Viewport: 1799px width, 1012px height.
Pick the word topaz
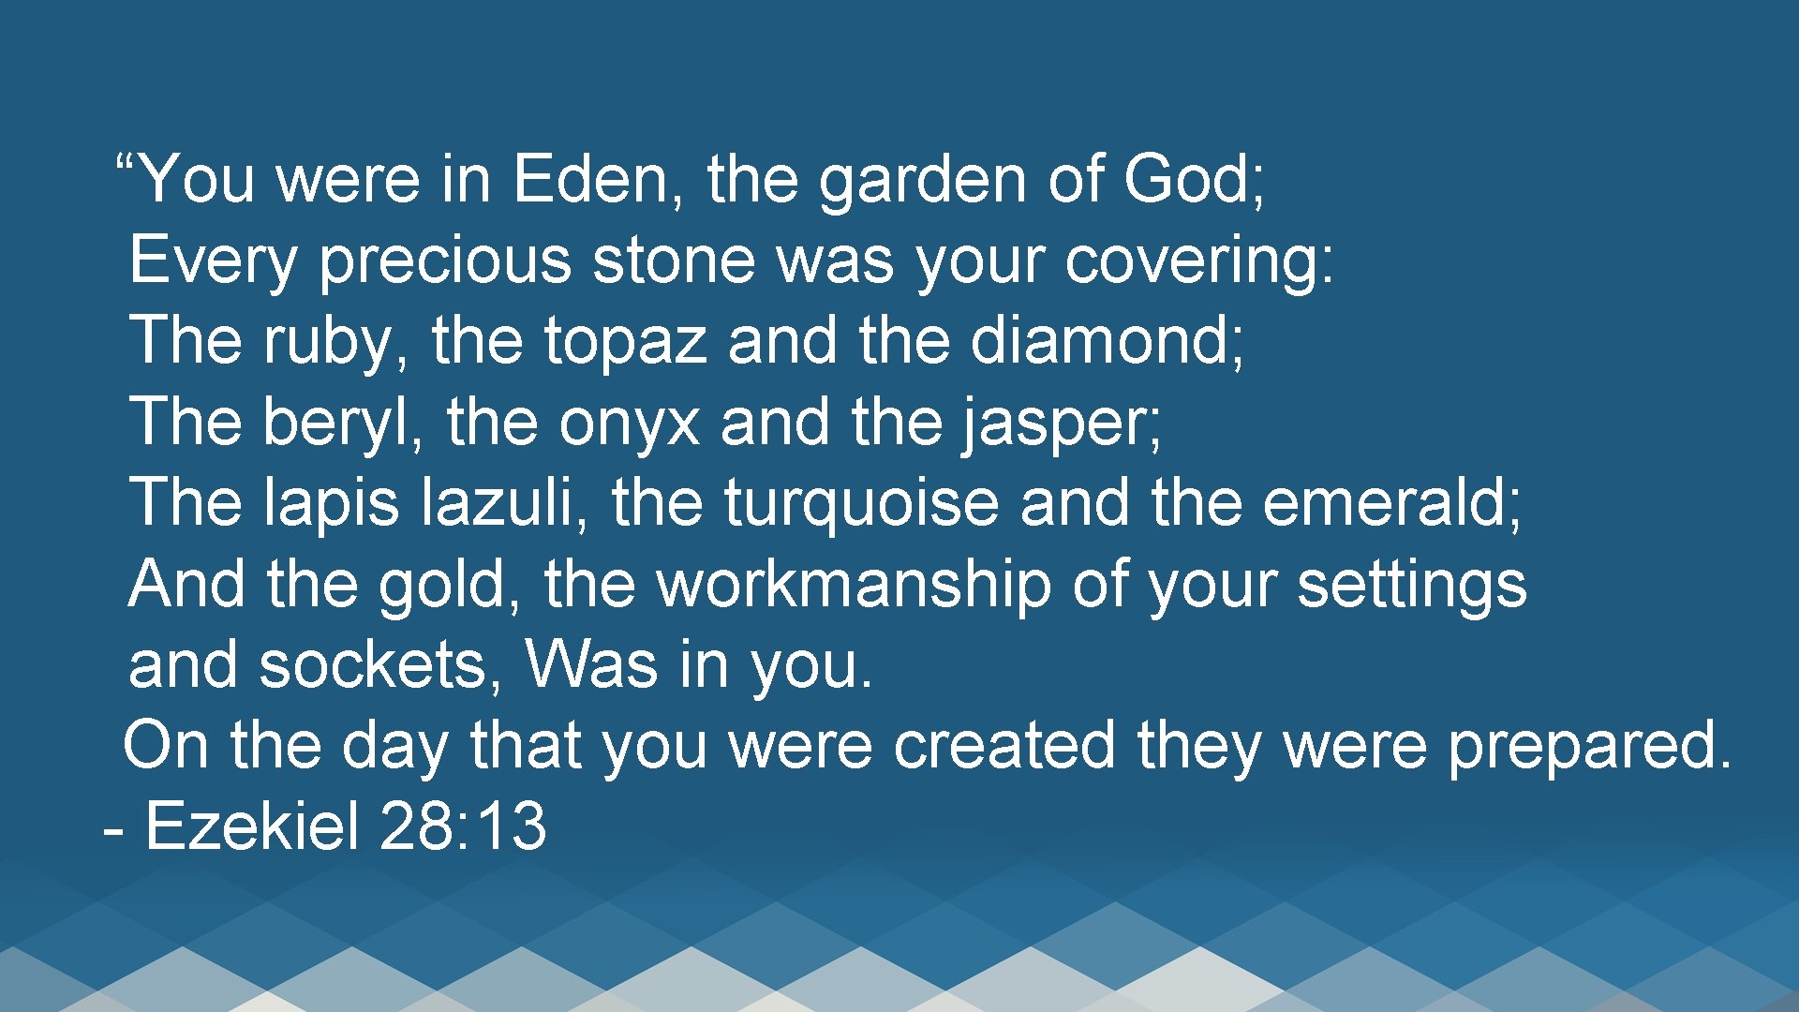click(x=625, y=340)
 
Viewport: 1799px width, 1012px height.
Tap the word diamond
click(x=1106, y=340)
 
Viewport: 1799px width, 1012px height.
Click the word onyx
click(x=630, y=422)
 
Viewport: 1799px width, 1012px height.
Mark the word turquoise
click(x=861, y=502)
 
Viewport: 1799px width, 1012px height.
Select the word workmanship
click(x=853, y=584)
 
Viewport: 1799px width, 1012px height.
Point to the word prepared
click(x=1589, y=746)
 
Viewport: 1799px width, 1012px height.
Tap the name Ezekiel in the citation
click(x=252, y=826)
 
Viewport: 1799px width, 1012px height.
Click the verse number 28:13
click(x=464, y=826)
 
